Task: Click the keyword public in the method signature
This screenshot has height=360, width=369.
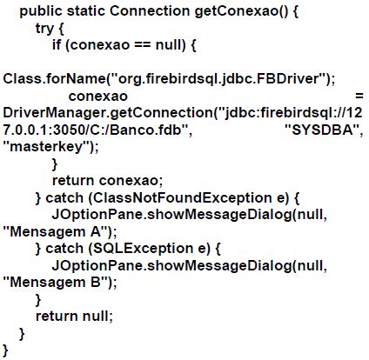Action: pos(41,11)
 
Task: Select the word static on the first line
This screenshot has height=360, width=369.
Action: pos(86,11)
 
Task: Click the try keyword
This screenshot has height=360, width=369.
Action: pos(44,29)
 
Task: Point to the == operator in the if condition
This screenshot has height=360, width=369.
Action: pos(143,45)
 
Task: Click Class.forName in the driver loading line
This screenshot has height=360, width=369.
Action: pos(54,79)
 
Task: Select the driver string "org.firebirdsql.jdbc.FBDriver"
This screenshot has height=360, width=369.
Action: pos(219,79)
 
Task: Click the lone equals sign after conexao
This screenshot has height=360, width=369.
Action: pos(359,96)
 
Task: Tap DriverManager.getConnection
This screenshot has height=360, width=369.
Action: pos(108,113)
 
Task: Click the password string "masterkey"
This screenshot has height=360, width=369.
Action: pos(47,146)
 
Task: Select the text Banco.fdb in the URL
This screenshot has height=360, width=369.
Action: pos(146,130)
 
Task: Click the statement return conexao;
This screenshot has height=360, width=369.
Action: pos(107,180)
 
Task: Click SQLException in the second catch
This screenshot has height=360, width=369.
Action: pos(143,249)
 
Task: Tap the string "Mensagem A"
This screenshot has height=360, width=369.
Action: pos(56,231)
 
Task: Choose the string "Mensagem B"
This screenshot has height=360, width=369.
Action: pos(56,283)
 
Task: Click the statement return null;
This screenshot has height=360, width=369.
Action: pos(74,316)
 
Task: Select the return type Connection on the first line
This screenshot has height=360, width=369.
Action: pos(150,11)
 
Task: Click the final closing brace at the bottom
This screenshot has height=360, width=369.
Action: pos(5,350)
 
